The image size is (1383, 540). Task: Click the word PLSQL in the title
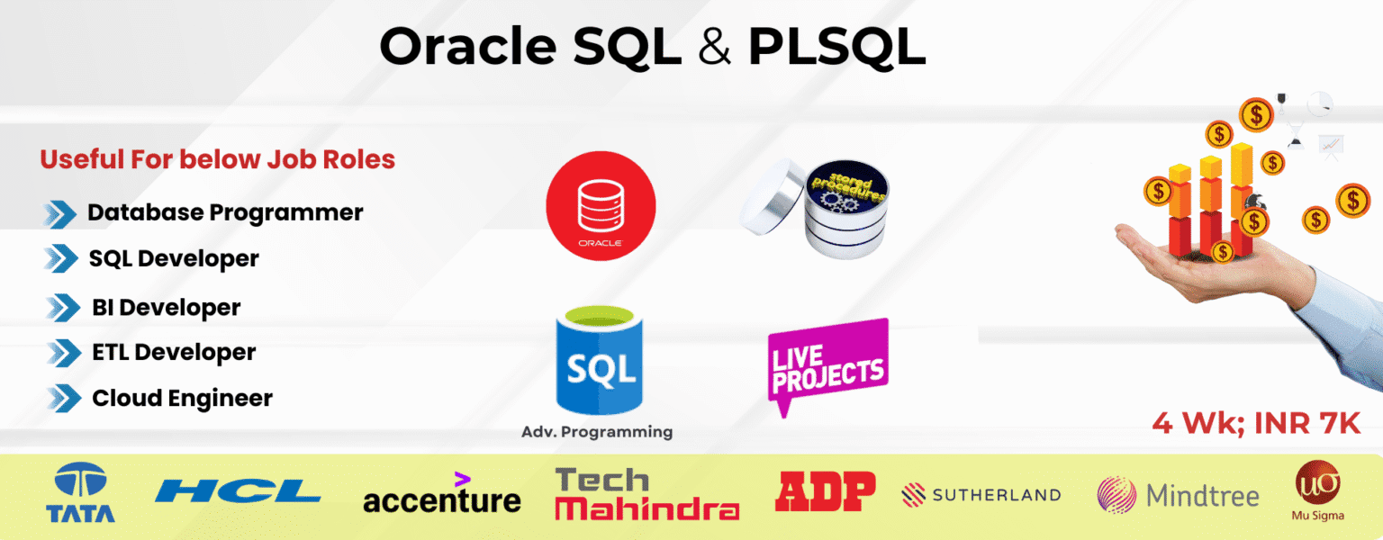836,48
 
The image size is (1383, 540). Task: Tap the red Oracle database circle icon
601,205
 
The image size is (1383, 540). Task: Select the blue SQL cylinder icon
601,361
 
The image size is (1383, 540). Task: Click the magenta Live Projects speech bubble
827,364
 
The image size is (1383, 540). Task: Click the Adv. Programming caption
597,432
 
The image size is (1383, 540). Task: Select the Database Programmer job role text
225,213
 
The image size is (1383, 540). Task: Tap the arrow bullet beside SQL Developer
60,259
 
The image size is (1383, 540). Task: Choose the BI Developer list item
166,308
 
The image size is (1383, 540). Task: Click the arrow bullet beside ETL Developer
62,353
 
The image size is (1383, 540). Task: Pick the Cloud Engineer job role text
182,398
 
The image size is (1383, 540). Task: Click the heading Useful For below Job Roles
218,160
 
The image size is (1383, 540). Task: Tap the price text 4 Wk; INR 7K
1256,424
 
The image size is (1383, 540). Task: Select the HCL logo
238,491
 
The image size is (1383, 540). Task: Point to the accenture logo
442,495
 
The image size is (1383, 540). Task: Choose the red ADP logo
825,491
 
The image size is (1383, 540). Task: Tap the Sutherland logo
981,494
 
